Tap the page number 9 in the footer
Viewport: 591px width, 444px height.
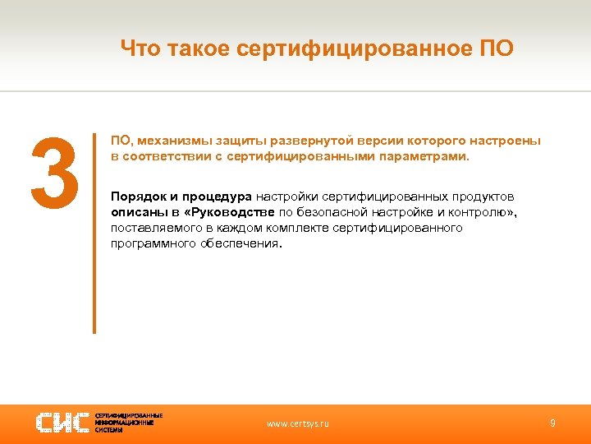552,423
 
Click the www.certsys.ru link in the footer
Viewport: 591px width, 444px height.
298,423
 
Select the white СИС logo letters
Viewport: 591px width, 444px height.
62,423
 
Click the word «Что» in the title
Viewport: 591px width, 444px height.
140,49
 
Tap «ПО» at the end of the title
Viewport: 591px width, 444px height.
496,49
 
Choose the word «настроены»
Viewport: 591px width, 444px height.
510,141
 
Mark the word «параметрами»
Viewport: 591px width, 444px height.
428,155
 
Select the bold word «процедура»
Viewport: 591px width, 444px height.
217,197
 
